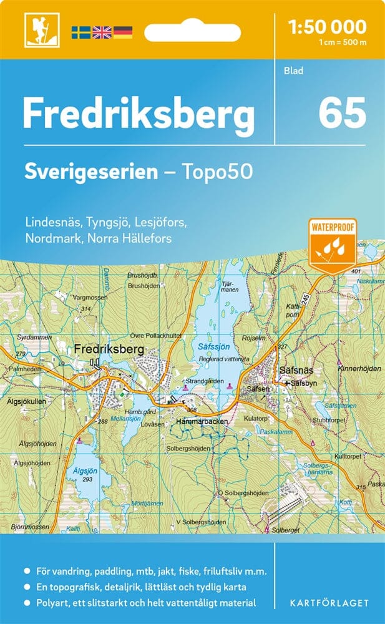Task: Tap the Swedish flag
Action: coord(80,32)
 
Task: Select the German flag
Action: coord(122,32)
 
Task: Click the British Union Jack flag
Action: coord(101,32)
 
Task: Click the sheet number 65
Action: coord(342,113)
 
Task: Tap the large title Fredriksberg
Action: coord(139,114)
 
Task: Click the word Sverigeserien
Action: coord(91,172)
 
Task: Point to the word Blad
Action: coord(293,71)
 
